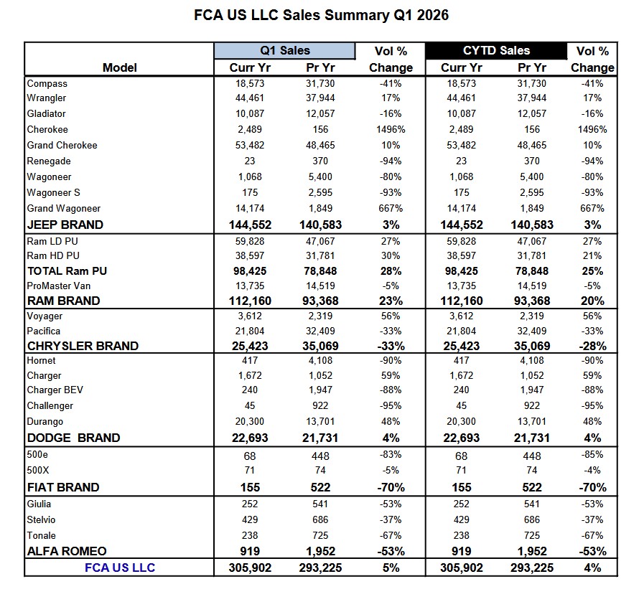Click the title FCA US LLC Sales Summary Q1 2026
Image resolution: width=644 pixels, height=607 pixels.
point(321,15)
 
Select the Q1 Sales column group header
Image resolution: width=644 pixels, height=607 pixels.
point(285,50)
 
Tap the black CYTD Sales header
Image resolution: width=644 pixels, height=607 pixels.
point(495,50)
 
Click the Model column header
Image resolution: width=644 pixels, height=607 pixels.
point(119,67)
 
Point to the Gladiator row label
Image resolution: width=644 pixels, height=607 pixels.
point(46,113)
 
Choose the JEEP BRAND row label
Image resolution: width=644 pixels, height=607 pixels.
point(65,225)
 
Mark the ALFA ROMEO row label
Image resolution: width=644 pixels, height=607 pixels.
point(66,551)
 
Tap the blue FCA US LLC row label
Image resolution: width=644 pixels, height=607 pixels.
point(119,568)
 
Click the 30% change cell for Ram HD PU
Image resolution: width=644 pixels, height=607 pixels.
point(391,255)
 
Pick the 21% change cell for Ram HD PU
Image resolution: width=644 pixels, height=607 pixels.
point(592,255)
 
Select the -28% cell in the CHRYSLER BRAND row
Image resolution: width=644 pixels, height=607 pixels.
point(592,346)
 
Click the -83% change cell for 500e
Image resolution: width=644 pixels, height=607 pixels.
point(391,456)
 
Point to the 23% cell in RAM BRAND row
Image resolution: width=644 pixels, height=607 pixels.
point(391,301)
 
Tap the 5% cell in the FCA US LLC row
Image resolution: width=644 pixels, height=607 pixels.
point(391,568)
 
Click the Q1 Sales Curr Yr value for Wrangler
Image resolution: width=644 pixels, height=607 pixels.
point(245,98)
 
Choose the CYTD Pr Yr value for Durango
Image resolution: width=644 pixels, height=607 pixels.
point(531,421)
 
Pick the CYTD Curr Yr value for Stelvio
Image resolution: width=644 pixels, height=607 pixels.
point(461,519)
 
